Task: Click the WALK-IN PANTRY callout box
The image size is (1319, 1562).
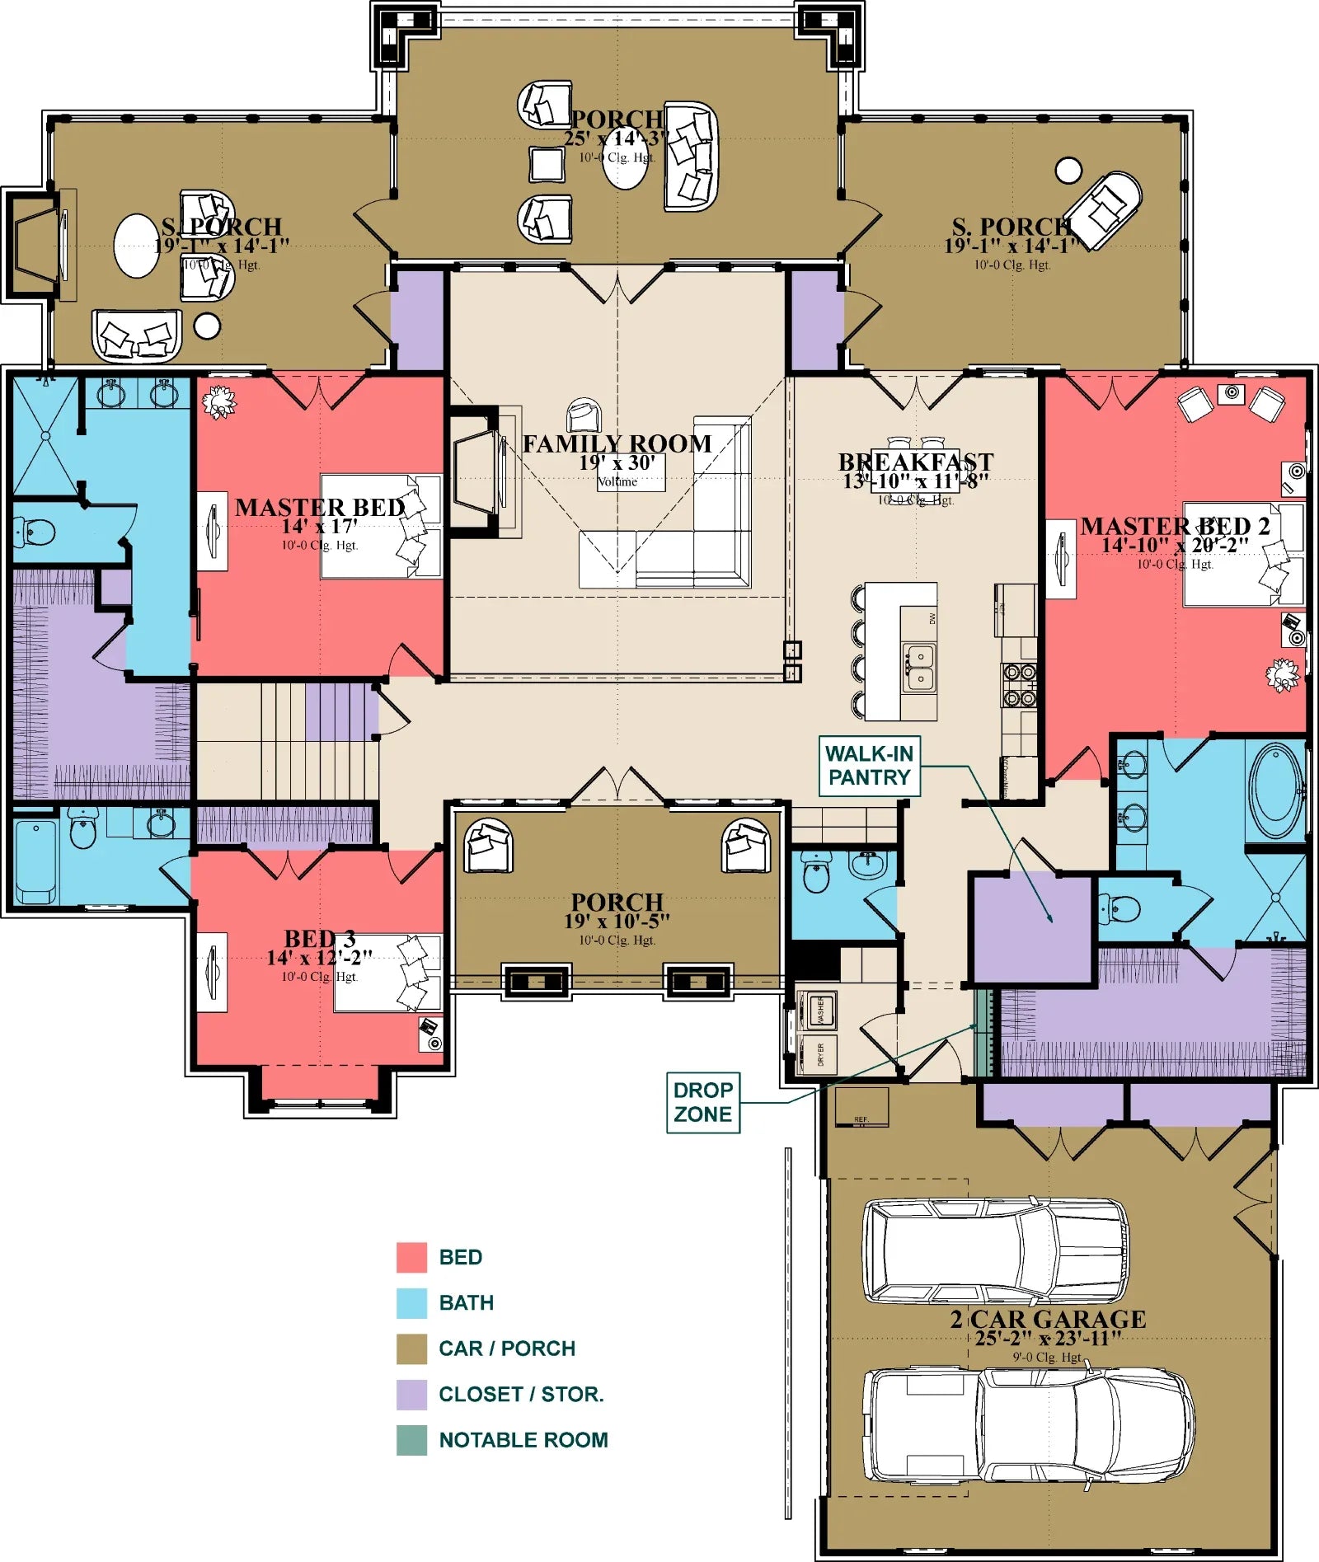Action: click(x=869, y=766)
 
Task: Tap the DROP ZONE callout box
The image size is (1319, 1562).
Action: click(x=702, y=1102)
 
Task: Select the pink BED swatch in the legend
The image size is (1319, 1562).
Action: click(x=411, y=1257)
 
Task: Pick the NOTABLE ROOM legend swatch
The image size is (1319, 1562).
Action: click(x=411, y=1440)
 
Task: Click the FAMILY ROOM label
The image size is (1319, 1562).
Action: click(x=617, y=443)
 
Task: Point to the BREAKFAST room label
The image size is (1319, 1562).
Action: click(x=915, y=462)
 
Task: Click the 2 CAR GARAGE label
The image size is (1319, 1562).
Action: click(x=1048, y=1320)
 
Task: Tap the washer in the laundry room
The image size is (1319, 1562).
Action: click(x=819, y=1010)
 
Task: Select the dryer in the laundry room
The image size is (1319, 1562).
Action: click(x=819, y=1054)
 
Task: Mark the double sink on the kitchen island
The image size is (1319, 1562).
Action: click(x=918, y=668)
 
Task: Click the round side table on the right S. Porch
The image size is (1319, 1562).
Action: click(x=1068, y=171)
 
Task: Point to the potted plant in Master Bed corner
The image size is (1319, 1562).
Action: click(x=219, y=402)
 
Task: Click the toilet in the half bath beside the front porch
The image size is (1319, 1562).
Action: click(x=816, y=875)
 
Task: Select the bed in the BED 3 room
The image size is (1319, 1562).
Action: click(x=387, y=973)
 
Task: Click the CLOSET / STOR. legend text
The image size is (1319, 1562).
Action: click(x=521, y=1394)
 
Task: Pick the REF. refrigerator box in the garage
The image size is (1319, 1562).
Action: click(x=861, y=1107)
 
